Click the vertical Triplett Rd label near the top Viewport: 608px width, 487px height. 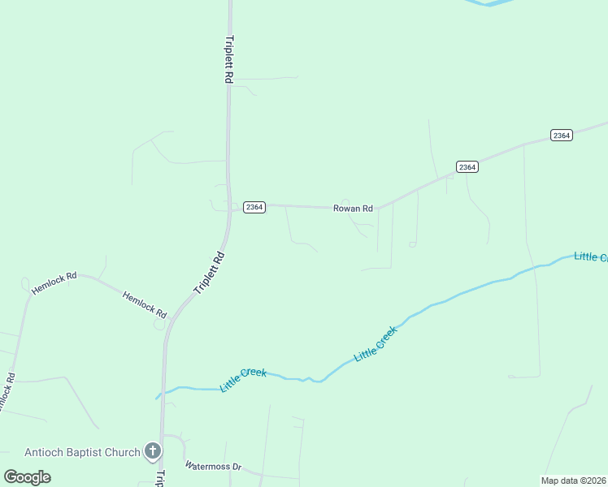point(229,59)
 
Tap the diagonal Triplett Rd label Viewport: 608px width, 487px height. point(209,273)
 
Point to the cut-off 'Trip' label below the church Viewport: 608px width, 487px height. point(160,477)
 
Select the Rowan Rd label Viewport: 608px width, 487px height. point(353,209)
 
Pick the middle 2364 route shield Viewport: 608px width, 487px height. point(467,167)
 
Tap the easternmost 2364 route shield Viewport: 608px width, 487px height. point(561,135)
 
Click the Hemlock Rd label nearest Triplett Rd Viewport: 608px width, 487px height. point(145,304)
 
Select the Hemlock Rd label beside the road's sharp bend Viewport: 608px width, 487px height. point(54,282)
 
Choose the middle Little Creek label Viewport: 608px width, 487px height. point(376,343)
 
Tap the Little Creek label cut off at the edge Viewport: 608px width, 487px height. point(590,256)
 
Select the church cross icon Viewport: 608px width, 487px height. point(152,450)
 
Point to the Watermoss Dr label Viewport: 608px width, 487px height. point(214,467)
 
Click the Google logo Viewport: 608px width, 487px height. point(28,477)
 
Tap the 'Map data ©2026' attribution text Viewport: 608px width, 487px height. point(574,481)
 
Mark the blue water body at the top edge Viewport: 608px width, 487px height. point(489,2)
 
